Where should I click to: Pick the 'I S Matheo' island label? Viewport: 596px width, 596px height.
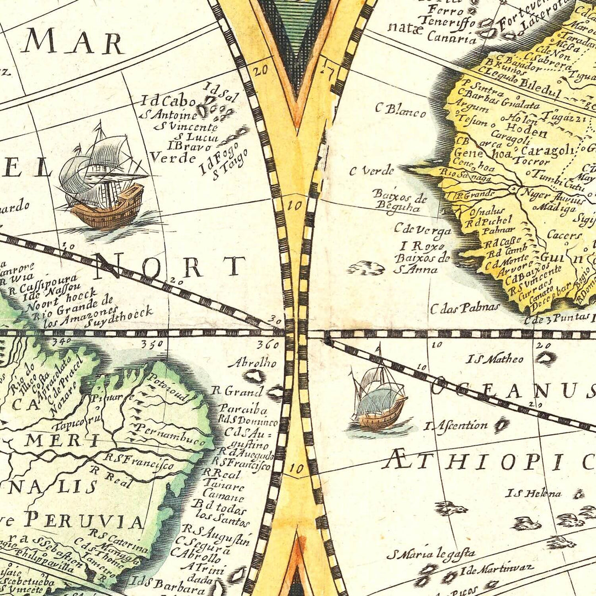(495, 359)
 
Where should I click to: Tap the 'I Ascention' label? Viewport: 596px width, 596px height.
(456, 425)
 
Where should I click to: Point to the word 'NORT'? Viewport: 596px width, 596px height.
(171, 267)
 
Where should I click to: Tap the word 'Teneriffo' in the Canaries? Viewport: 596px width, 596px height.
(439, 22)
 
